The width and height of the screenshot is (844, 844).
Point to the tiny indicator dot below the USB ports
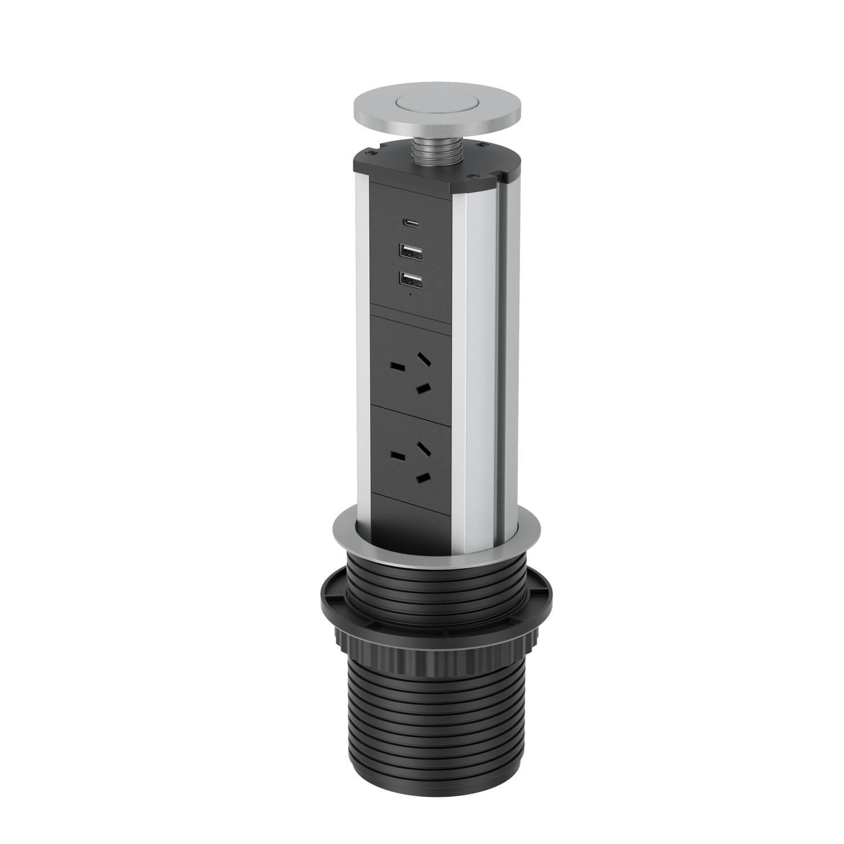click(411, 294)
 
